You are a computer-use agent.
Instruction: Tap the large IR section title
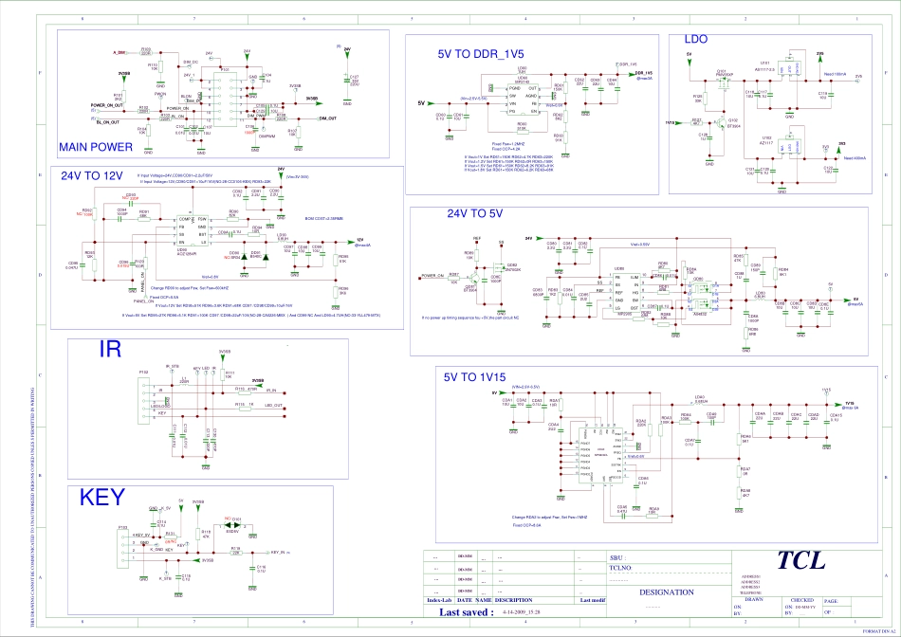pyautogui.click(x=110, y=351)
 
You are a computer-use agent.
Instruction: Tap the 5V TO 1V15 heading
pyautogui.click(x=475, y=376)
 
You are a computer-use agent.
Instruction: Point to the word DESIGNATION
pyautogui.click(x=667, y=591)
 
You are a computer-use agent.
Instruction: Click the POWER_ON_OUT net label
pyautogui.click(x=106, y=105)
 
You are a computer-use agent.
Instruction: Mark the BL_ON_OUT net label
pyautogui.click(x=104, y=122)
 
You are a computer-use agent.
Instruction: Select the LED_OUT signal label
pyautogui.click(x=273, y=406)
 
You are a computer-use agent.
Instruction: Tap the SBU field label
pyautogui.click(x=616, y=559)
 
